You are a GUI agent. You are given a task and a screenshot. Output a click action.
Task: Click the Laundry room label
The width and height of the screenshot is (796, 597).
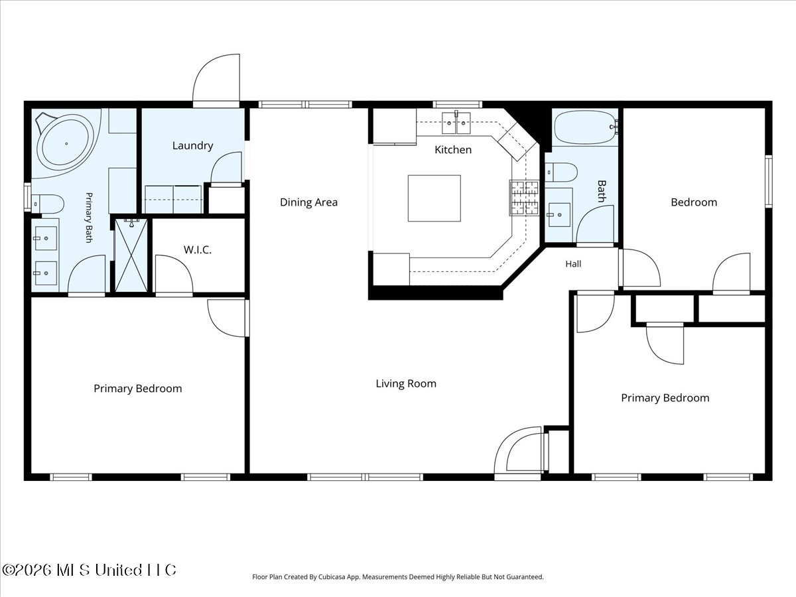192,146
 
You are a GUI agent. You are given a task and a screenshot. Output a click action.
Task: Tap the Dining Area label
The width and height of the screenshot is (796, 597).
308,202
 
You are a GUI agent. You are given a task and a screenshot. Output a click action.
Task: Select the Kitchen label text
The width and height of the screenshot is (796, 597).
453,150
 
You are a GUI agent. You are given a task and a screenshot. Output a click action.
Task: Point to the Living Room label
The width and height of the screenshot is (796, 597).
406,384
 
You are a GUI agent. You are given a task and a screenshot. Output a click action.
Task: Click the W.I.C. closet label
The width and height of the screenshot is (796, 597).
197,250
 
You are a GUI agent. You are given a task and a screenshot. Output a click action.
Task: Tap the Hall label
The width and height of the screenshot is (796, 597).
573,264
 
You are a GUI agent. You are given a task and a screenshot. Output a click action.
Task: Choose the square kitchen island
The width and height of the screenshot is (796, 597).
434,198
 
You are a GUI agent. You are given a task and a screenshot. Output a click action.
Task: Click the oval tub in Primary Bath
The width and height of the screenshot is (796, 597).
66,144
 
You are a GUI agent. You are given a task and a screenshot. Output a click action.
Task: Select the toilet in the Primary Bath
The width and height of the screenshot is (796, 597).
48,204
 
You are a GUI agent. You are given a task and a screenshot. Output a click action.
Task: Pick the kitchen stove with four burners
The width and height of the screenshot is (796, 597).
524,198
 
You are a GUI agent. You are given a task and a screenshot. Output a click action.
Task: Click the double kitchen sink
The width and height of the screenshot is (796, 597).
456,123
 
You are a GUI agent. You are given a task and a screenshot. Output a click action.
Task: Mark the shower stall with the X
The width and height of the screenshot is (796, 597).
131,255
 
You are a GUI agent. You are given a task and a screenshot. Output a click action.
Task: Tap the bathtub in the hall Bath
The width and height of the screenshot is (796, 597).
585,127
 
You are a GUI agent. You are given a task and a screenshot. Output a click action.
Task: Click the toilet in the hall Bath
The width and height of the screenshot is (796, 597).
561,172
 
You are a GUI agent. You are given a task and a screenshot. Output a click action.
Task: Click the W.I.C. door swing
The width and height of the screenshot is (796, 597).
174,274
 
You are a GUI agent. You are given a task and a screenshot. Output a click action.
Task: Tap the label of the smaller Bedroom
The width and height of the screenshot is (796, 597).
694,202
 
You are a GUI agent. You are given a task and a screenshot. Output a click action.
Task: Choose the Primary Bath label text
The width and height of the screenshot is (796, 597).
88,218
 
